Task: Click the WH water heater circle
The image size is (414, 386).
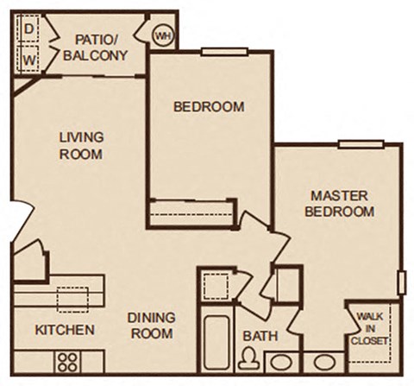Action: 162,36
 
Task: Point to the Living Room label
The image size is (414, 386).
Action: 82,145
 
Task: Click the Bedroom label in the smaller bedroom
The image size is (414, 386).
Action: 208,107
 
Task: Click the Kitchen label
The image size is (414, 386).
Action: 65,331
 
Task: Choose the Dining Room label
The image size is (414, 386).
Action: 151,325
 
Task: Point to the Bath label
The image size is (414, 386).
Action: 257,334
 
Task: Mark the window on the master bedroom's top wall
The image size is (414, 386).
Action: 354,143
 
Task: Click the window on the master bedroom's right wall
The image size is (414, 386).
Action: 403,282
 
